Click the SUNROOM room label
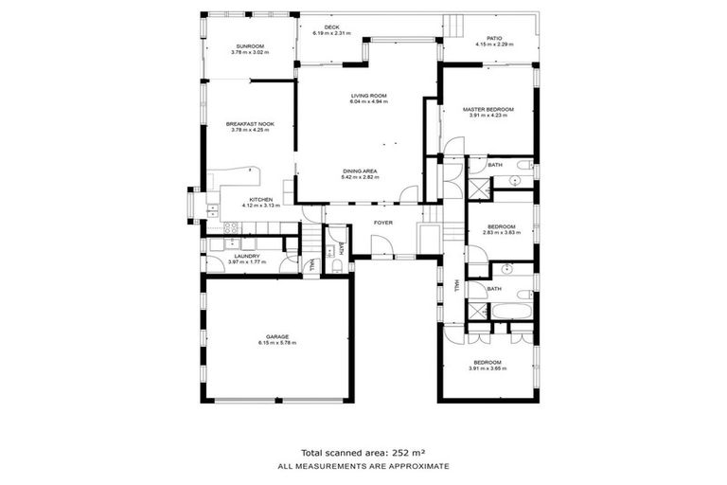[x=249, y=46]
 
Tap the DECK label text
[x=331, y=27]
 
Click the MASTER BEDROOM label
[x=488, y=110]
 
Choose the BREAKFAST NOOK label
[x=249, y=124]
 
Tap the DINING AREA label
[x=361, y=171]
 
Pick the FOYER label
[x=382, y=223]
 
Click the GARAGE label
[x=276, y=336]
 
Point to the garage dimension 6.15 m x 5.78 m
[x=276, y=343]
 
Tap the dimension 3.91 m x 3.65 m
[x=488, y=368]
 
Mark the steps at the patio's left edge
[x=456, y=27]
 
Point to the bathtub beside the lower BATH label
[x=512, y=309]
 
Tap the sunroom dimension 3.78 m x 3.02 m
[x=249, y=53]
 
